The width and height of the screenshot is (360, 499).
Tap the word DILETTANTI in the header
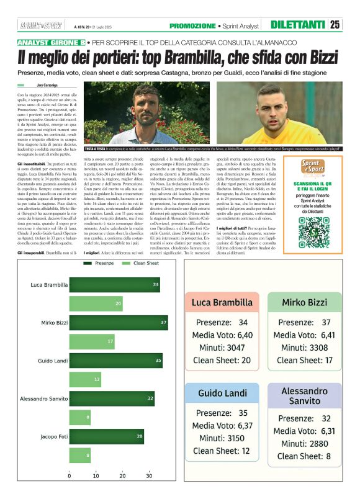coord(298,25)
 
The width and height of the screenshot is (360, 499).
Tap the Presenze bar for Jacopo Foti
coord(106,436)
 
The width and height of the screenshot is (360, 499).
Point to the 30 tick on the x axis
coord(149,477)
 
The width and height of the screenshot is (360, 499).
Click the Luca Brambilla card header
coord(222,302)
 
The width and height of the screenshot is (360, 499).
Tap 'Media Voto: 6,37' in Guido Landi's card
coord(222,426)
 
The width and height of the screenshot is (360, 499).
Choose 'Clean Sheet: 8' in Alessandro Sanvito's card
coord(305,456)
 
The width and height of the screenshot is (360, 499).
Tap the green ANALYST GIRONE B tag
coord(51,42)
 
